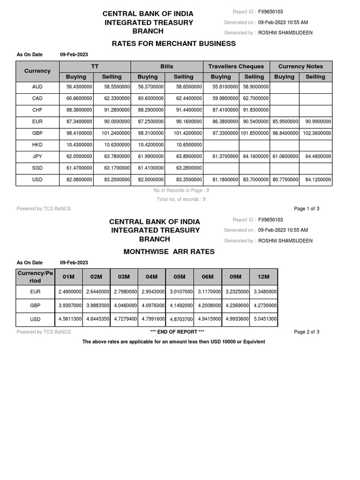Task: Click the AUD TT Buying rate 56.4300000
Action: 76,87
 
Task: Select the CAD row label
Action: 37,98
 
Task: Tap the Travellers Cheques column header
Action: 236,66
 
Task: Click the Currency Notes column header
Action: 300,66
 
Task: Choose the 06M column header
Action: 207,277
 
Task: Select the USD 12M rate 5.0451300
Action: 264,319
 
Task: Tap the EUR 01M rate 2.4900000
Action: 70,292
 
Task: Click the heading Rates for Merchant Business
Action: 173,44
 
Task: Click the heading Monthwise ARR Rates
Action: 169,252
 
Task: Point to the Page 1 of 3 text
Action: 306,209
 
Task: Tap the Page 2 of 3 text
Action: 306,332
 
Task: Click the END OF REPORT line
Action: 177,332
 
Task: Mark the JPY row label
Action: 37,157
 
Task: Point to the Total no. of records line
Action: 181,199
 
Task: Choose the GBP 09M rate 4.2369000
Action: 236,306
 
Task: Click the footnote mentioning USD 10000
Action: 173,342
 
